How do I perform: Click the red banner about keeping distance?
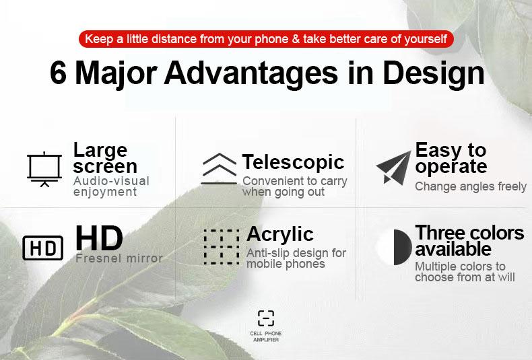[x=266, y=39]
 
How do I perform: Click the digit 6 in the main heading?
[x=58, y=73]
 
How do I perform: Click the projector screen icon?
[x=44, y=168]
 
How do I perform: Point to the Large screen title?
[x=104, y=158]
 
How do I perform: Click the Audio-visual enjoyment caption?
[x=110, y=186]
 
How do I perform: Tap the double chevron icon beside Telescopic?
[x=219, y=168]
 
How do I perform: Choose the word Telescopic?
[x=293, y=162]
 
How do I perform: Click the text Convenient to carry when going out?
[x=294, y=186]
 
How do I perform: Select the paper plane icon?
[x=393, y=167]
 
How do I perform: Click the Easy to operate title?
[x=451, y=158]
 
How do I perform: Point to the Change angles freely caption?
[x=470, y=186]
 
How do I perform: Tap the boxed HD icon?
[x=43, y=248]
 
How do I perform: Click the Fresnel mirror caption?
[x=119, y=258]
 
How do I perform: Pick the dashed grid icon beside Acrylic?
[x=221, y=246]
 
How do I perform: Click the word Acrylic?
[x=279, y=234]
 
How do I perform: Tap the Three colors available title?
[x=469, y=241]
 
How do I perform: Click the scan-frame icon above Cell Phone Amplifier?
[x=266, y=318]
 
